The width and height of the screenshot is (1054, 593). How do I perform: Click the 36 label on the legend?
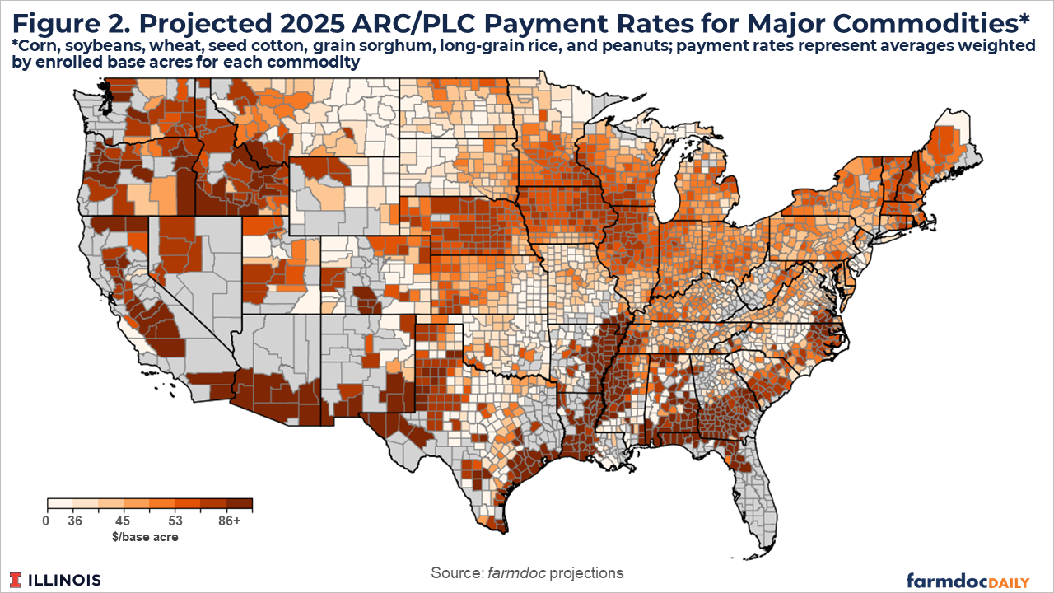pos(76,521)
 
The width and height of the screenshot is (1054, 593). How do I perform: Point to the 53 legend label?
pos(174,521)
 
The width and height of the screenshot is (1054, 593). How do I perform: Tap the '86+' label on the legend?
pos(231,521)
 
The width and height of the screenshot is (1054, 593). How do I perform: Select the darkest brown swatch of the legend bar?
pos(239,505)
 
